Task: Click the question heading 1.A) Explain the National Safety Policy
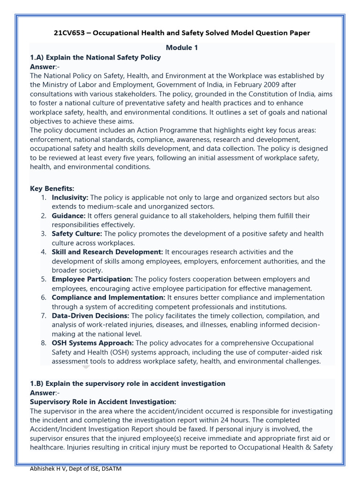(x=95, y=57)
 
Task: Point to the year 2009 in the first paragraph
(x=261, y=85)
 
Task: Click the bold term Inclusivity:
(x=70, y=198)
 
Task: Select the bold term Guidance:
(x=68, y=216)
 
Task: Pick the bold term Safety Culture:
(x=76, y=233)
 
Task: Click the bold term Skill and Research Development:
(x=107, y=252)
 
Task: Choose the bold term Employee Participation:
(x=92, y=279)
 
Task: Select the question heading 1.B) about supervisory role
(x=127, y=383)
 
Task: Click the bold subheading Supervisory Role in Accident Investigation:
(x=103, y=402)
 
